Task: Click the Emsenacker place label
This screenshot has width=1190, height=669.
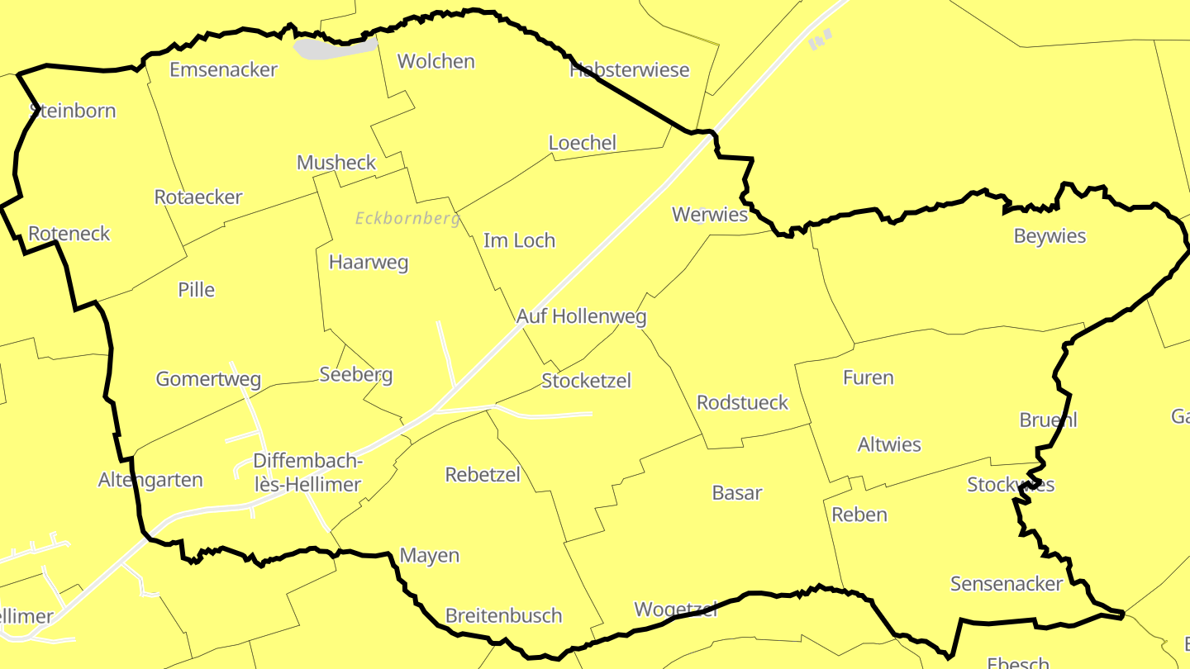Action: (223, 69)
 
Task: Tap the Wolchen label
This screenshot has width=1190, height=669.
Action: (436, 61)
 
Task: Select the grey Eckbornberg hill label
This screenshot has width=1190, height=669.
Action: (407, 219)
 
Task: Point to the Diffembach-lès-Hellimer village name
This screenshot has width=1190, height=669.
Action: (307, 472)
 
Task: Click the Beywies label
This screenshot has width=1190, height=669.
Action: (1050, 236)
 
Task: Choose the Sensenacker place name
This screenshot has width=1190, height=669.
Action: (1006, 584)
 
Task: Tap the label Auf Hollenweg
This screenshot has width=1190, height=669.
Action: (581, 316)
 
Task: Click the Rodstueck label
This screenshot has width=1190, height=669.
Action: (742, 402)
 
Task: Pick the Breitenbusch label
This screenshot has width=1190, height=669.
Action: (503, 615)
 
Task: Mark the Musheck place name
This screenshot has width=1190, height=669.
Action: (336, 163)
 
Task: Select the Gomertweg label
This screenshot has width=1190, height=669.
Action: (208, 379)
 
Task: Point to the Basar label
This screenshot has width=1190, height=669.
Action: (736, 493)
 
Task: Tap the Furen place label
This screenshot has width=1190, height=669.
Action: (868, 377)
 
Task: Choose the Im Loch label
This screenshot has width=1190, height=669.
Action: (519, 240)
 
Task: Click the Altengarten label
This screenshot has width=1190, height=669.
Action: (150, 480)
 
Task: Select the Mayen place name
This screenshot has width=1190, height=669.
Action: (429, 555)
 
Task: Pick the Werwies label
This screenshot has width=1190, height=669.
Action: (709, 215)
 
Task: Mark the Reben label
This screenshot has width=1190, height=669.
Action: (859, 515)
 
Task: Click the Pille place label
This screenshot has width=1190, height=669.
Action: (196, 290)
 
